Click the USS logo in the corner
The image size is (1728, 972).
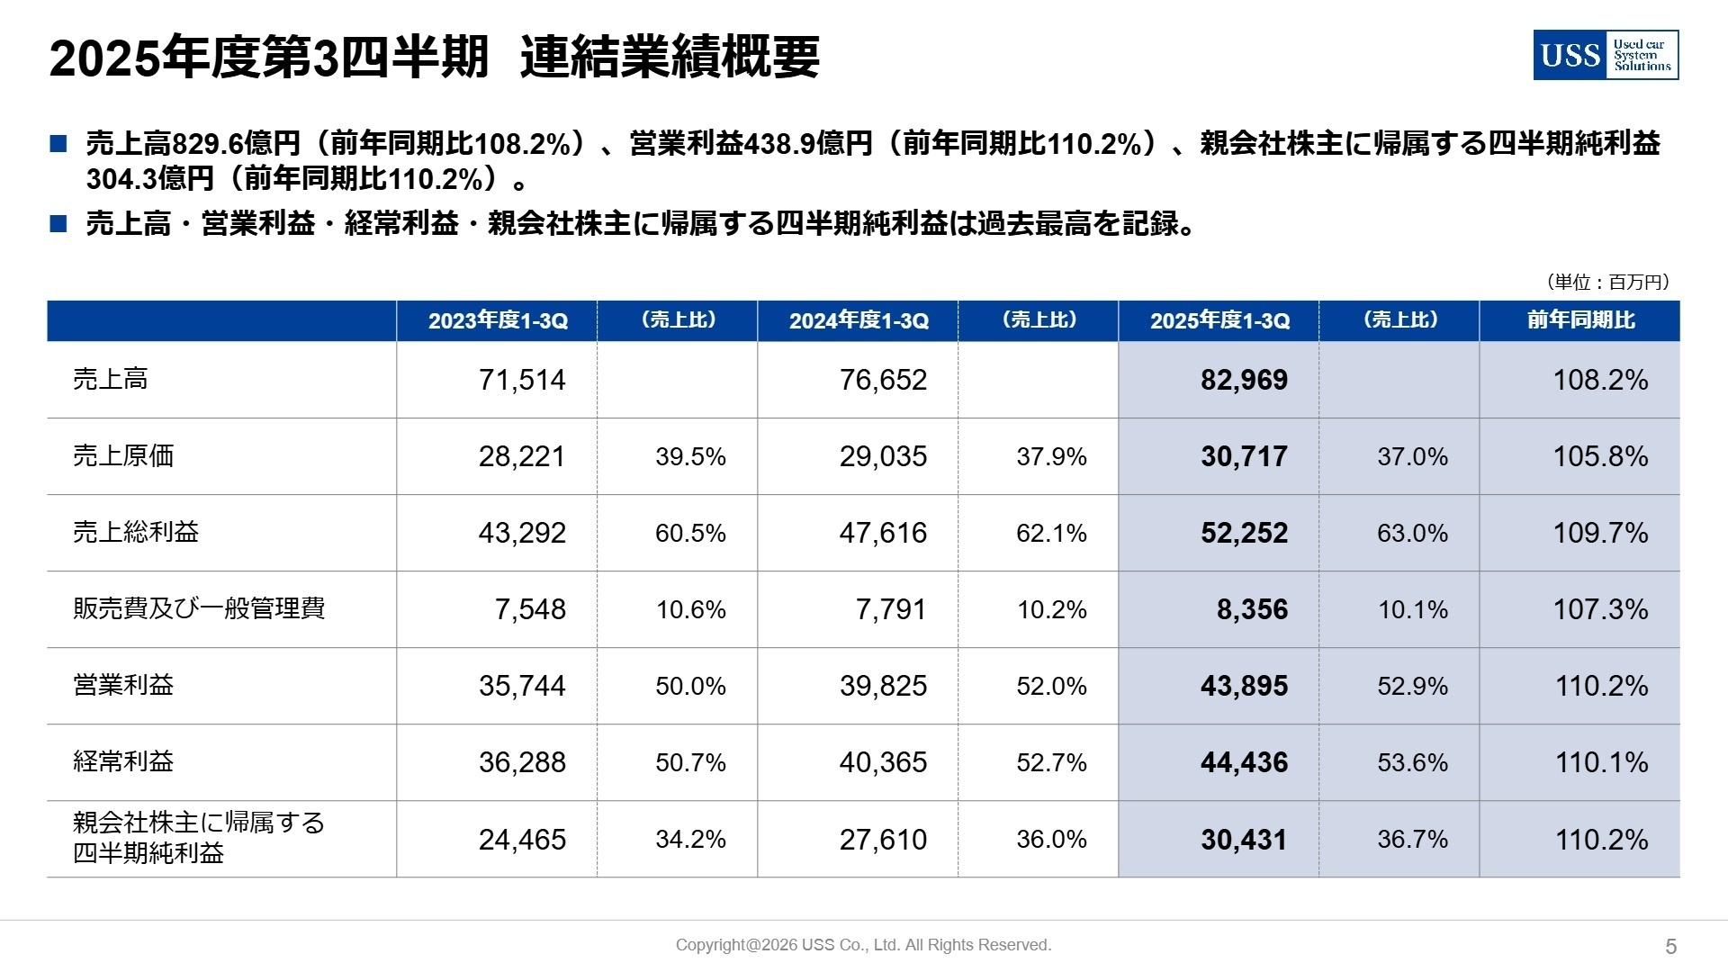pyautogui.click(x=1606, y=55)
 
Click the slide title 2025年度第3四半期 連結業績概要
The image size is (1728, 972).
pyautogui.click(x=434, y=58)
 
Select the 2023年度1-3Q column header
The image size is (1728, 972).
pyautogui.click(x=498, y=321)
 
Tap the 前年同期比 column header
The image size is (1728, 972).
pyautogui.click(x=1580, y=320)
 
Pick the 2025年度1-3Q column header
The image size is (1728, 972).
pyautogui.click(x=1219, y=321)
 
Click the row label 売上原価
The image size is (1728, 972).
pyautogui.click(x=123, y=455)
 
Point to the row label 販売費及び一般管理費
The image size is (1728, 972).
pyautogui.click(x=199, y=608)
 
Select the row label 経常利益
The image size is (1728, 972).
pyautogui.click(x=123, y=761)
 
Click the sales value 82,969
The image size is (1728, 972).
pyautogui.click(x=1244, y=380)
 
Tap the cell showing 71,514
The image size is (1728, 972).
pyautogui.click(x=522, y=380)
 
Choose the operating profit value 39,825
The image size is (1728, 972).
pyautogui.click(x=883, y=686)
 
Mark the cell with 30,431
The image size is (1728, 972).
pyautogui.click(x=1244, y=840)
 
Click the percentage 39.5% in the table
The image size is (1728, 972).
pyautogui.click(x=690, y=456)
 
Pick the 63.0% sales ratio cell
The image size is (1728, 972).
pyautogui.click(x=1412, y=533)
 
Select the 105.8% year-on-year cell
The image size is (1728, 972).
pyautogui.click(x=1600, y=456)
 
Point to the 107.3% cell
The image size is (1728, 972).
pyautogui.click(x=1600, y=609)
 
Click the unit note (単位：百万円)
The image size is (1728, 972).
pyautogui.click(x=1607, y=282)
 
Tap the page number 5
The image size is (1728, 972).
pyautogui.click(x=1671, y=946)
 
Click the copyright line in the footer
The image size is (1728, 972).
pyautogui.click(x=863, y=945)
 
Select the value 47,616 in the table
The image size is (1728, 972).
pyautogui.click(x=883, y=533)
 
